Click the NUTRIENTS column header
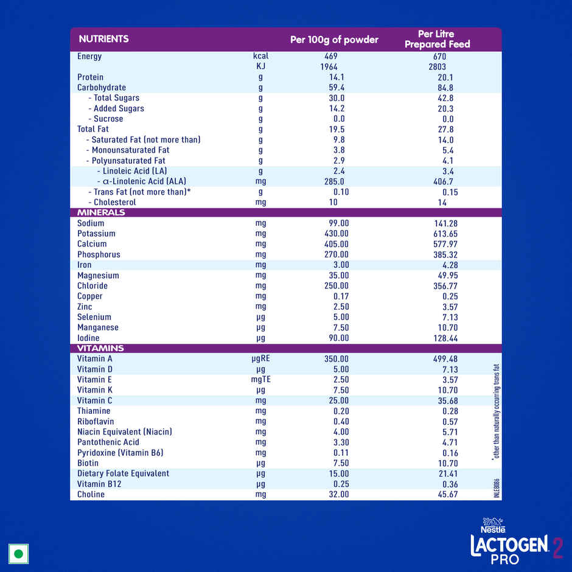coord(103,39)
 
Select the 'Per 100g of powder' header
coord(334,40)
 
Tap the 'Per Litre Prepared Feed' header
coord(437,39)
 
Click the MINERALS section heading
coord(101,212)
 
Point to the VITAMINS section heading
coord(100,348)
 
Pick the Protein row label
coord(90,77)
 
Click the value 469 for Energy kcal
coord(331,57)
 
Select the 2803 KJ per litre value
coord(437,67)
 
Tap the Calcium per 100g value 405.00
coord(337,244)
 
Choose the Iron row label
coord(85,265)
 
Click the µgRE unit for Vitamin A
coord(260,358)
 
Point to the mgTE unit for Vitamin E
coord(260,380)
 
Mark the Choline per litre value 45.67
coord(445,495)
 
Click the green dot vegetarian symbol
coord(19,554)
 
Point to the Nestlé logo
coord(494,525)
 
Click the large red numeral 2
coord(557,546)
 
